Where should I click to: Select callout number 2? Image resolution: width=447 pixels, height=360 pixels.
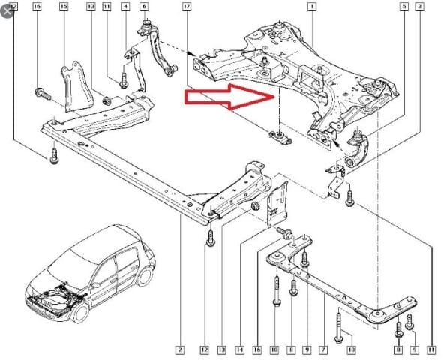[180, 349]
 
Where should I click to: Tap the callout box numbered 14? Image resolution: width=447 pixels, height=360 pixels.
[239, 349]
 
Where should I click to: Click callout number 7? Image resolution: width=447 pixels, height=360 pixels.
[322, 349]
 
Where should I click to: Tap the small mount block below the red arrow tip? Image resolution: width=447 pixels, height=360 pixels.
[277, 137]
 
